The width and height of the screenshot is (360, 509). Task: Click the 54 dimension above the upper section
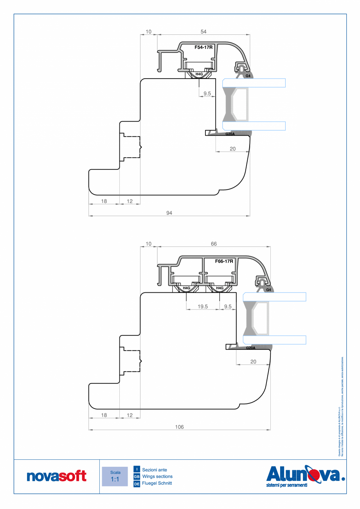pyautogui.click(x=203, y=31)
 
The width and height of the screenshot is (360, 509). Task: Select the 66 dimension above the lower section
pyautogui.click(x=214, y=244)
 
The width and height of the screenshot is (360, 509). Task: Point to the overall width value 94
pyautogui.click(x=169, y=213)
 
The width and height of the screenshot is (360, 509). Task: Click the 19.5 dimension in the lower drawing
pyautogui.click(x=203, y=307)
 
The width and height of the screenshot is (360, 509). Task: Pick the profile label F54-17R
pyautogui.click(x=203, y=47)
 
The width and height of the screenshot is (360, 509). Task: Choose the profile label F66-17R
pyautogui.click(x=224, y=261)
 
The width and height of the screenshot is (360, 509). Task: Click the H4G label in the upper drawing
pyautogui.click(x=199, y=74)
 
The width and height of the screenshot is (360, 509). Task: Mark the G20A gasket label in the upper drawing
pyautogui.click(x=230, y=134)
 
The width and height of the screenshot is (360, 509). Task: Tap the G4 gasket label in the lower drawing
pyautogui.click(x=268, y=290)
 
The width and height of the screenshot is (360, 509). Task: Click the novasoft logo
pyautogui.click(x=56, y=476)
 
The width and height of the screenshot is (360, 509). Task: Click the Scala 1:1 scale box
pyautogui.click(x=115, y=476)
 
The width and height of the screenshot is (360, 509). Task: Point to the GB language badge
pyautogui.click(x=137, y=477)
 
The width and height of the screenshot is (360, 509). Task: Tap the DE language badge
pyautogui.click(x=137, y=484)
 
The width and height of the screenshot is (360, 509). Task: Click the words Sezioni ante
pyautogui.click(x=155, y=469)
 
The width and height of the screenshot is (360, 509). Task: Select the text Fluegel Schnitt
pyautogui.click(x=157, y=484)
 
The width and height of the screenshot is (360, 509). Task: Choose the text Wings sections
pyautogui.click(x=157, y=477)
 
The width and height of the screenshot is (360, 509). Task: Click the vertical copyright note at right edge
pyautogui.click(x=341, y=407)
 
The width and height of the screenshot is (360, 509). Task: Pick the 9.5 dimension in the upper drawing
pyautogui.click(x=207, y=94)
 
